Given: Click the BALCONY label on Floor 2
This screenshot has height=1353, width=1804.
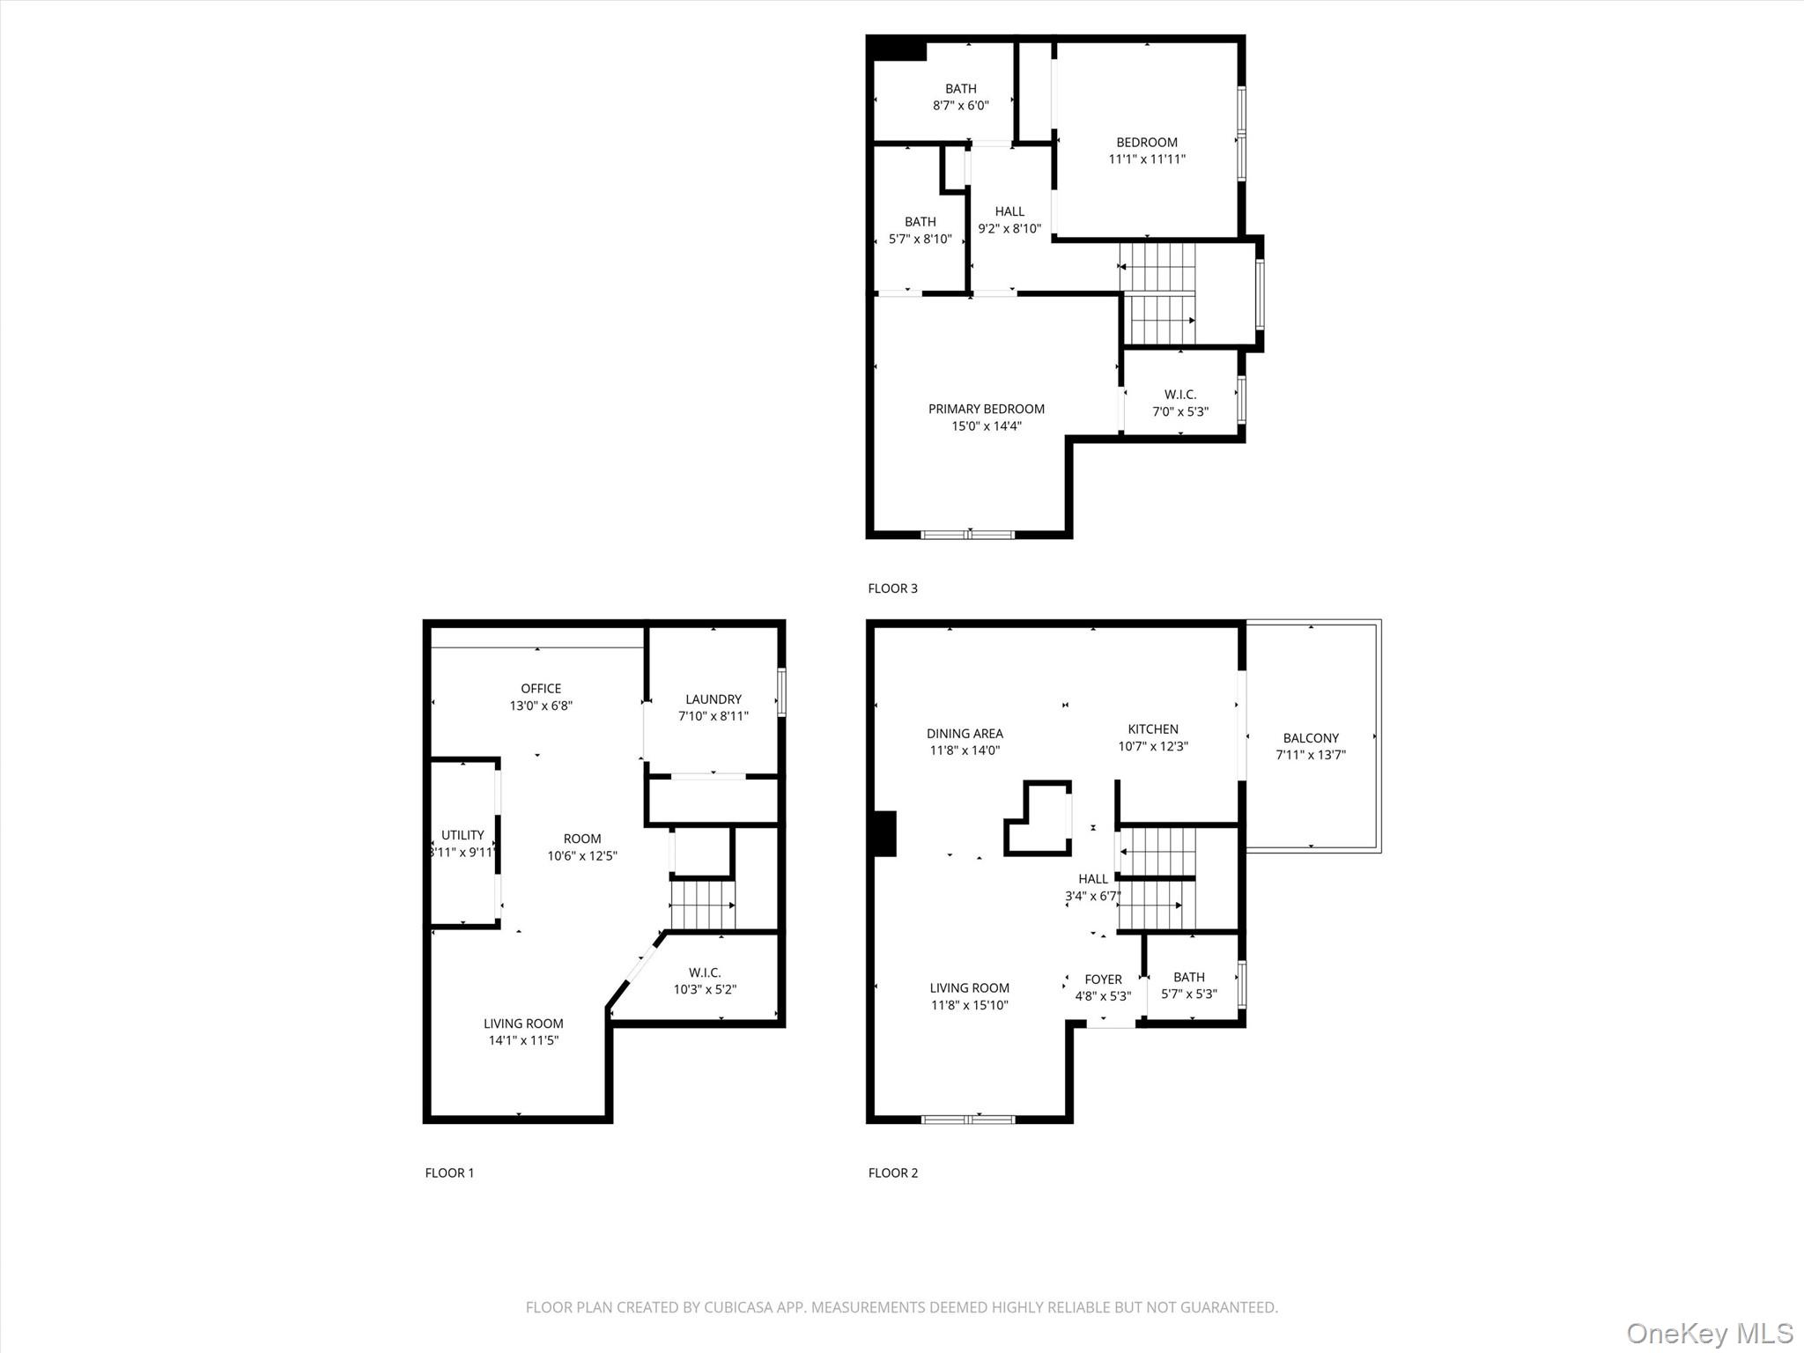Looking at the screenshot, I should pos(1310,738).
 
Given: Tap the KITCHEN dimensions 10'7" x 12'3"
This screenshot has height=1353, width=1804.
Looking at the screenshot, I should pos(1152,746).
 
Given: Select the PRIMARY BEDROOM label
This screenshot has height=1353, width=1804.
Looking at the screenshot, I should pos(986,409).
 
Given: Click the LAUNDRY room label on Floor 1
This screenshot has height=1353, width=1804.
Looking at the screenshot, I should pos(713,699).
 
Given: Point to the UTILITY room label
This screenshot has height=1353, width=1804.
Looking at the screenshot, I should pos(462,835).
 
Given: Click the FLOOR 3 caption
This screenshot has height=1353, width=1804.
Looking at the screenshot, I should pos(892,588).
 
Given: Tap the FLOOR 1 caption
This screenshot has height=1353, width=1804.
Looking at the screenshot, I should pos(449,1172).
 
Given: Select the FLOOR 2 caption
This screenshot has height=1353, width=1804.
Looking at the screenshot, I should pos(892,1172).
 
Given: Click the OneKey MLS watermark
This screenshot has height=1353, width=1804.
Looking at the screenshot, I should pos(1709,1333).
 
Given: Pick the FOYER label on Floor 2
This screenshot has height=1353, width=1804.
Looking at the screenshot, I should pos(1103,980).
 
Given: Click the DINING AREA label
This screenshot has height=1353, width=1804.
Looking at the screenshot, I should pos(965,734).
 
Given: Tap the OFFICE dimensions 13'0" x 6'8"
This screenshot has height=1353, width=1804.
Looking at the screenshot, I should pos(541,706).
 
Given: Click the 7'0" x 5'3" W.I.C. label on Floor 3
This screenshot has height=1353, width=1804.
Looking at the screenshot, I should pos(1179,403).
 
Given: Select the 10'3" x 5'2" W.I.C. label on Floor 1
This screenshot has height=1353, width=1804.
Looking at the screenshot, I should pos(705,981).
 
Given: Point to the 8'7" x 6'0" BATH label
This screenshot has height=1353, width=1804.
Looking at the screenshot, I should pos(960,97).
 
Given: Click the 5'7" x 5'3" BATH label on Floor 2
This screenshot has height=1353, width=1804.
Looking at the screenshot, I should pos(1188,986).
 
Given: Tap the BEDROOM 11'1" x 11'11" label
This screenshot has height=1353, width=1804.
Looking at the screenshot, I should pos(1146,151).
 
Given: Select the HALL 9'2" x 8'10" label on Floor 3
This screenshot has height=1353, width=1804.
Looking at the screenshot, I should pos(1009,220).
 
